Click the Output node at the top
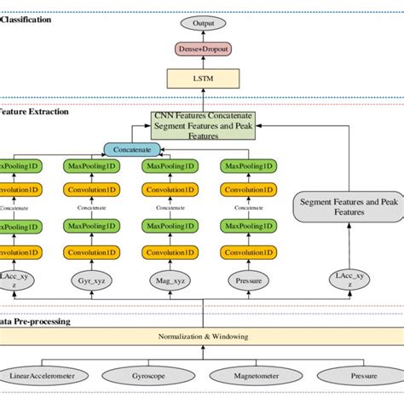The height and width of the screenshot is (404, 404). (x=204, y=23)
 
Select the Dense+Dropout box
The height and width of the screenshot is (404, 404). (x=204, y=49)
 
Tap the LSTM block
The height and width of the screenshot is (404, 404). (x=204, y=79)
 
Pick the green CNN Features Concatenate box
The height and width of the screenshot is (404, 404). (x=203, y=124)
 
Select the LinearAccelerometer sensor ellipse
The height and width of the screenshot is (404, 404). (x=42, y=375)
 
